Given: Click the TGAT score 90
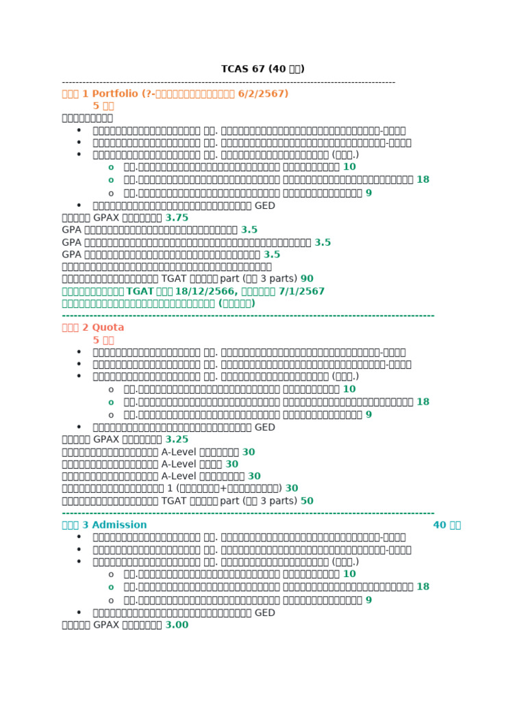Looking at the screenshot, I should point(307,279).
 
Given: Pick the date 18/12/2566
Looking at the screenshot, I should point(205,291).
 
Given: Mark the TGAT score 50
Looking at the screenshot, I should point(307,500).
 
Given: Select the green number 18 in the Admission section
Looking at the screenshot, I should point(423,587).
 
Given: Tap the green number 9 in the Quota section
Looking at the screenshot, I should point(368,414).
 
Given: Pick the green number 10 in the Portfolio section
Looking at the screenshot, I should point(349,166).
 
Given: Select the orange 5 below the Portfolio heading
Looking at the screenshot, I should point(97,105).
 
